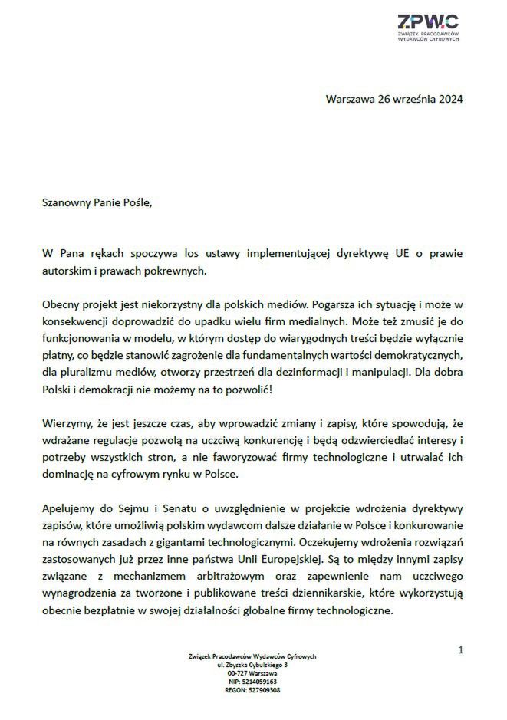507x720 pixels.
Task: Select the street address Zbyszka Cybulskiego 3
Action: click(x=258, y=664)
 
